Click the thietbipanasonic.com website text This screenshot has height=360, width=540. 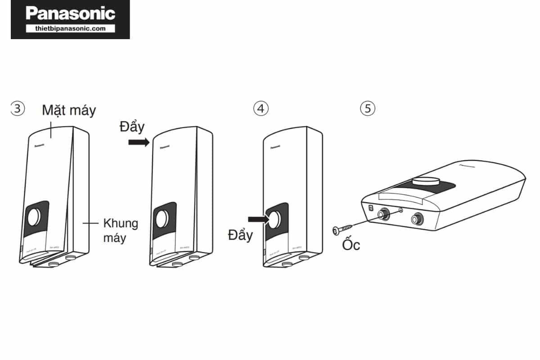coord(70,28)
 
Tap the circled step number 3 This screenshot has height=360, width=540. coord(18,108)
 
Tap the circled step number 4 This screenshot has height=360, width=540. coord(261,108)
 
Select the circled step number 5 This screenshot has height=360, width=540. coord(368,108)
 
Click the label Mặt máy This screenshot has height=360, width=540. coord(69,110)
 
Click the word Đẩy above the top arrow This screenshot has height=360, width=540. coord(132,127)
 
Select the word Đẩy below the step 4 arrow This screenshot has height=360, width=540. coord(240,235)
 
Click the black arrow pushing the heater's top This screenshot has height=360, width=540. coord(138,143)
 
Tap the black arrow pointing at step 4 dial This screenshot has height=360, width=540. coord(258,219)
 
